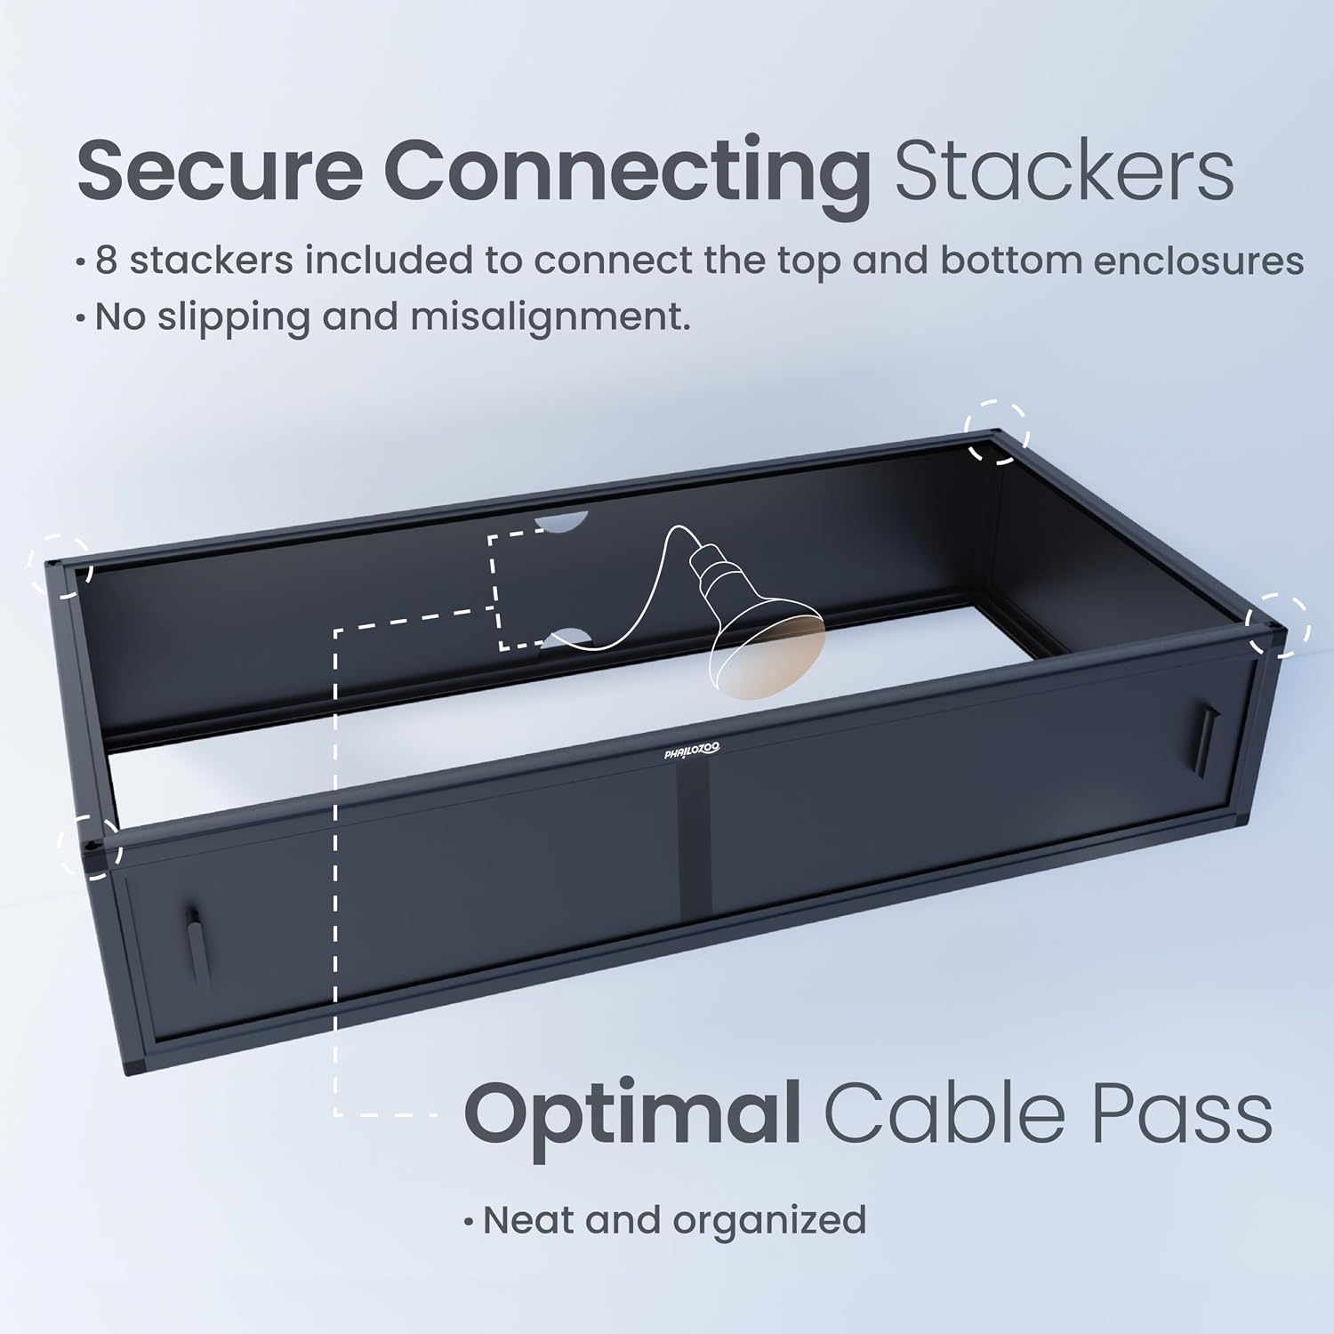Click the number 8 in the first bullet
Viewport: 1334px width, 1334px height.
pos(106,261)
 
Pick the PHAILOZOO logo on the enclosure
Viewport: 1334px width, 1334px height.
pos(692,752)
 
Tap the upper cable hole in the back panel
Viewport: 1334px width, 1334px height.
pos(564,522)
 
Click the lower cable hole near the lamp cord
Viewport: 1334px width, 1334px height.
pos(566,636)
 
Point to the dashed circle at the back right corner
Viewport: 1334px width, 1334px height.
pos(998,432)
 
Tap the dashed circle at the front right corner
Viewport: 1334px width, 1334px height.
pos(1279,625)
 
